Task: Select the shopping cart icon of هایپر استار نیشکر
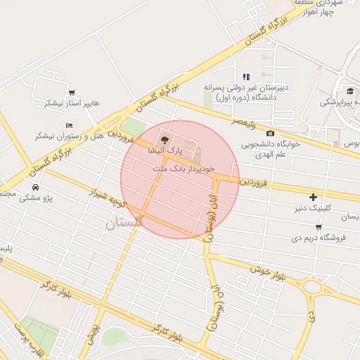(x=71, y=92)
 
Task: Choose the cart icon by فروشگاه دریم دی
(x=319, y=226)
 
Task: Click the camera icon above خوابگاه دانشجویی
(x=271, y=133)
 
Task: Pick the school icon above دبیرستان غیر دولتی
(x=245, y=77)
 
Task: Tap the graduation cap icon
(x=349, y=91)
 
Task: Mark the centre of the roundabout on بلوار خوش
(x=310, y=287)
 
